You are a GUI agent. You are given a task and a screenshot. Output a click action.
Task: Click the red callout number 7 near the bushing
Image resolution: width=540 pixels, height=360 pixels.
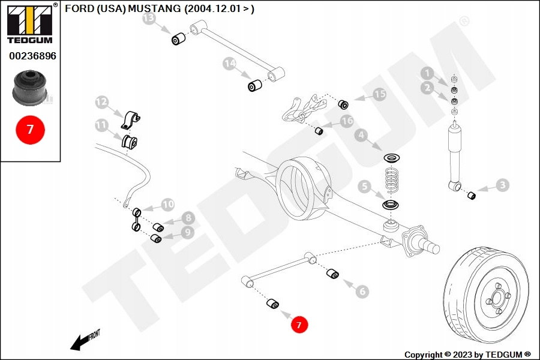(x=299, y=325)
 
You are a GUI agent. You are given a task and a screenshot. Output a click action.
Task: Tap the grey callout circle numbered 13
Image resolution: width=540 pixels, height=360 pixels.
(x=149, y=19)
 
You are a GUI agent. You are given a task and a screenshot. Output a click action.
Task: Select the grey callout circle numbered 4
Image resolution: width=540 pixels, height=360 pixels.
(x=361, y=136)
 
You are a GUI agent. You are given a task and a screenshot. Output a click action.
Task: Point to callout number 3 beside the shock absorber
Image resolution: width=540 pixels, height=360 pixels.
(x=502, y=185)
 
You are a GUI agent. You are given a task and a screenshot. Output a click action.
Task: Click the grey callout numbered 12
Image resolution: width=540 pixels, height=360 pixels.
(x=102, y=103)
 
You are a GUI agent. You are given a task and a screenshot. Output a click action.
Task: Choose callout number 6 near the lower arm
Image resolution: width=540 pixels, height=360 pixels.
(x=362, y=292)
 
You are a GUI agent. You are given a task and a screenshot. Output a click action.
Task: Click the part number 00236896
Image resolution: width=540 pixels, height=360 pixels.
(x=32, y=56)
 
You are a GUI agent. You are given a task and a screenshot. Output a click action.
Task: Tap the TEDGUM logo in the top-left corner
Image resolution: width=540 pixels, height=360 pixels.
(x=29, y=24)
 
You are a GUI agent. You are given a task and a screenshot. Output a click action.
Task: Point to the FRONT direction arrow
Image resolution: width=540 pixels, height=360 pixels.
(x=84, y=340)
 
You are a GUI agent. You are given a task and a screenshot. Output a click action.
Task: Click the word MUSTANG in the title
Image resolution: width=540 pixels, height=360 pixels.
(x=154, y=9)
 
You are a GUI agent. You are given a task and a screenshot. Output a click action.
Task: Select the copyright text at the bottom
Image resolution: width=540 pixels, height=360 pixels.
(x=467, y=355)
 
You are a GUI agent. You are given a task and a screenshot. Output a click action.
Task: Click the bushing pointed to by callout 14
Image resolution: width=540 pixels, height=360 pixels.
(x=256, y=86)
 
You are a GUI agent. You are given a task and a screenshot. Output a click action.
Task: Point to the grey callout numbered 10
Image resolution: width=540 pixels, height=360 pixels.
(x=167, y=205)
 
